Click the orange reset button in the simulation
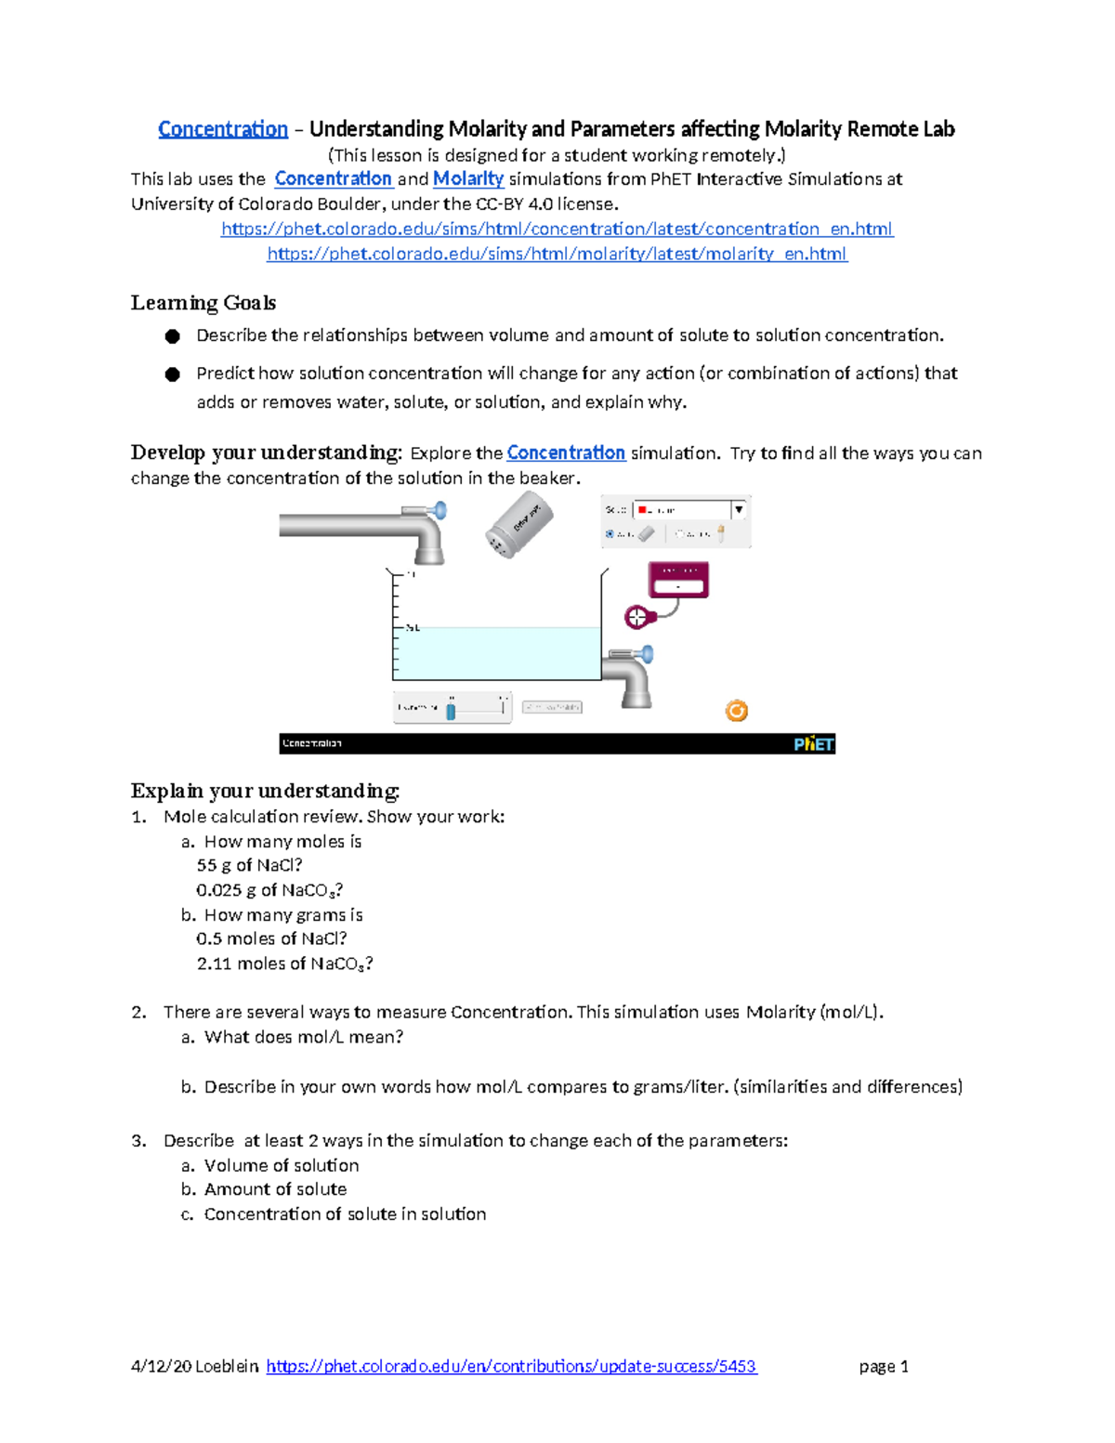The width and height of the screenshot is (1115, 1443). coord(736,711)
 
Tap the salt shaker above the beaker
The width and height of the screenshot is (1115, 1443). coord(518,525)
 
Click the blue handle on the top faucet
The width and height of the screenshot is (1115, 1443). coord(439,510)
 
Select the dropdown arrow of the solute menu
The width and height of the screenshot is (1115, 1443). coord(739,509)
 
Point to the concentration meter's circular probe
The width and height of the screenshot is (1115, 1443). coord(636,616)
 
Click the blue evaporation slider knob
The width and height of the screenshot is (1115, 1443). coord(451,711)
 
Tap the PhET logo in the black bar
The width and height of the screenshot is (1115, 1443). coord(813,743)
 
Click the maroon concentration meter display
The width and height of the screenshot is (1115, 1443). coord(678,580)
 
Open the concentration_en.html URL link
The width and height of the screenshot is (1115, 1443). coord(557,229)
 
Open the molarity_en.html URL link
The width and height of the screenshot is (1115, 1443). coord(557,254)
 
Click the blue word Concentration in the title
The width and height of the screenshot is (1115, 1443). coord(223,129)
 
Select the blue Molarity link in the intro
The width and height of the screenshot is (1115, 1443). coord(468,178)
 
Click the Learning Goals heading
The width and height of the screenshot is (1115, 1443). coord(203,303)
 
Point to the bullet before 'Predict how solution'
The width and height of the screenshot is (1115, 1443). coord(172,374)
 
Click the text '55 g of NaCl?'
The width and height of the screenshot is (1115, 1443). coord(249,865)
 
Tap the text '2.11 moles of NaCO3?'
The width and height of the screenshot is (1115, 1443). coord(284,964)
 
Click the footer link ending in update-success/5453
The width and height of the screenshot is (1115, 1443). coord(511,1366)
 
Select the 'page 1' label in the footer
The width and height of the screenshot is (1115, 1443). coord(884,1366)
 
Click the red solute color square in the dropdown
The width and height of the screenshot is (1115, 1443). coord(642,509)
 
